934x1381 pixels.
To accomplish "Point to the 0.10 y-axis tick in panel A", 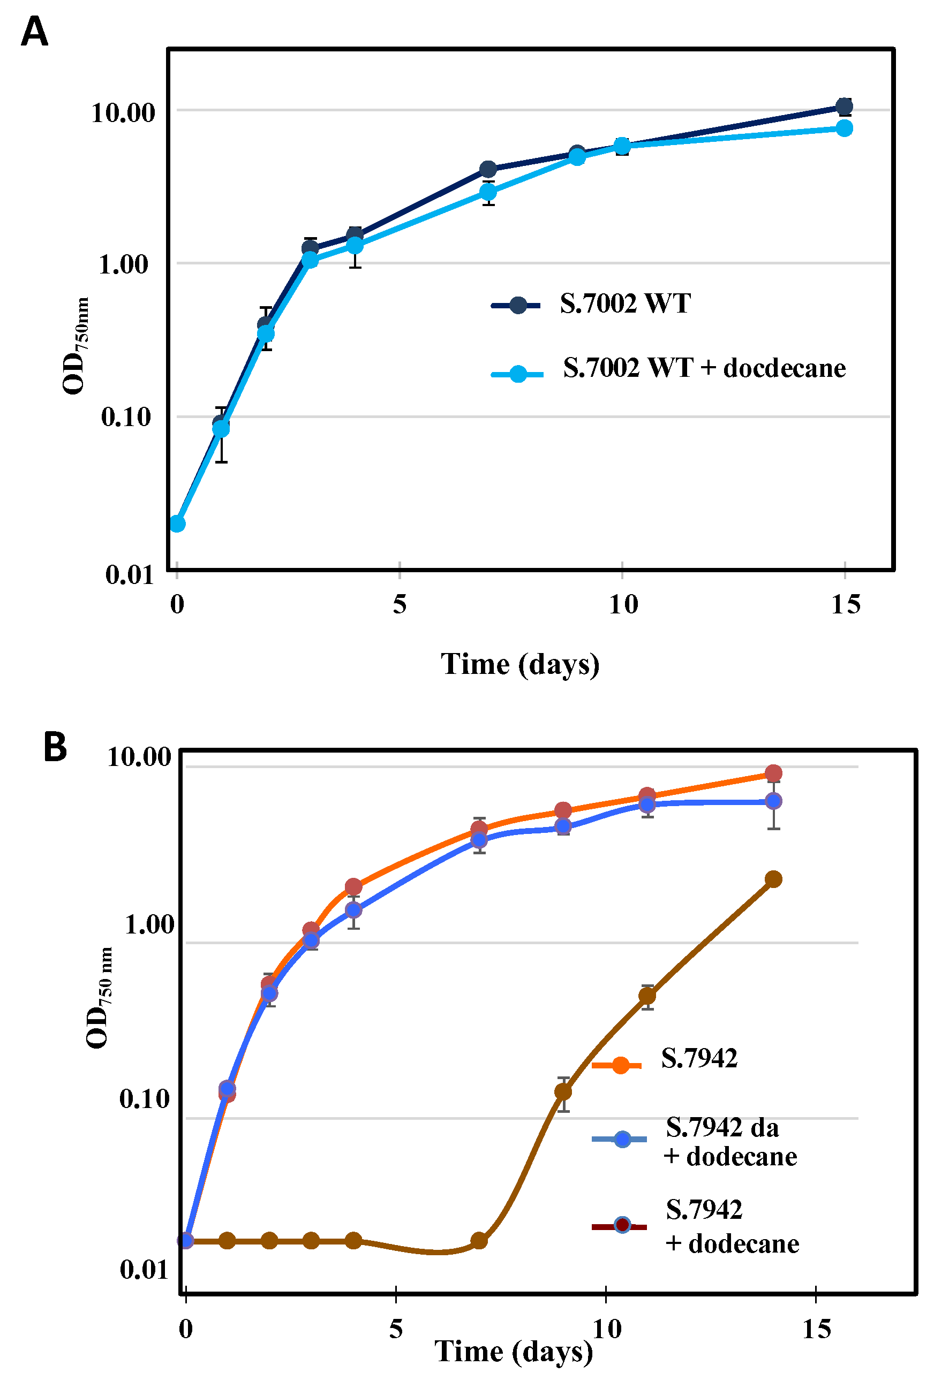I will [126, 416].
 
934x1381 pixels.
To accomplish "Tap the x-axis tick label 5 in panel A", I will [399, 604].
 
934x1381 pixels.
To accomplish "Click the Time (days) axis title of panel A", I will [519, 664].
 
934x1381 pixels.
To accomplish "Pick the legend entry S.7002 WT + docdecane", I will [703, 368].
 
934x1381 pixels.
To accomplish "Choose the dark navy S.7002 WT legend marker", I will [517, 306].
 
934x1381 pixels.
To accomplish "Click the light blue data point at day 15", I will [843, 128].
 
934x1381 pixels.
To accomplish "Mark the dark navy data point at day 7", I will [487, 169].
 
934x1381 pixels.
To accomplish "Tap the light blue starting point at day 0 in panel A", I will [177, 523].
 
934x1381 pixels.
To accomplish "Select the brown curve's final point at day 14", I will [772, 879].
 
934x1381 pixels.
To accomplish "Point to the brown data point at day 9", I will [562, 1091].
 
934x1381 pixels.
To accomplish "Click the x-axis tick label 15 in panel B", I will [816, 1329].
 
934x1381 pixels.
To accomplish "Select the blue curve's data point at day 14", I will [773, 801].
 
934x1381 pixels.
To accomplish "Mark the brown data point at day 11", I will [647, 996].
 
